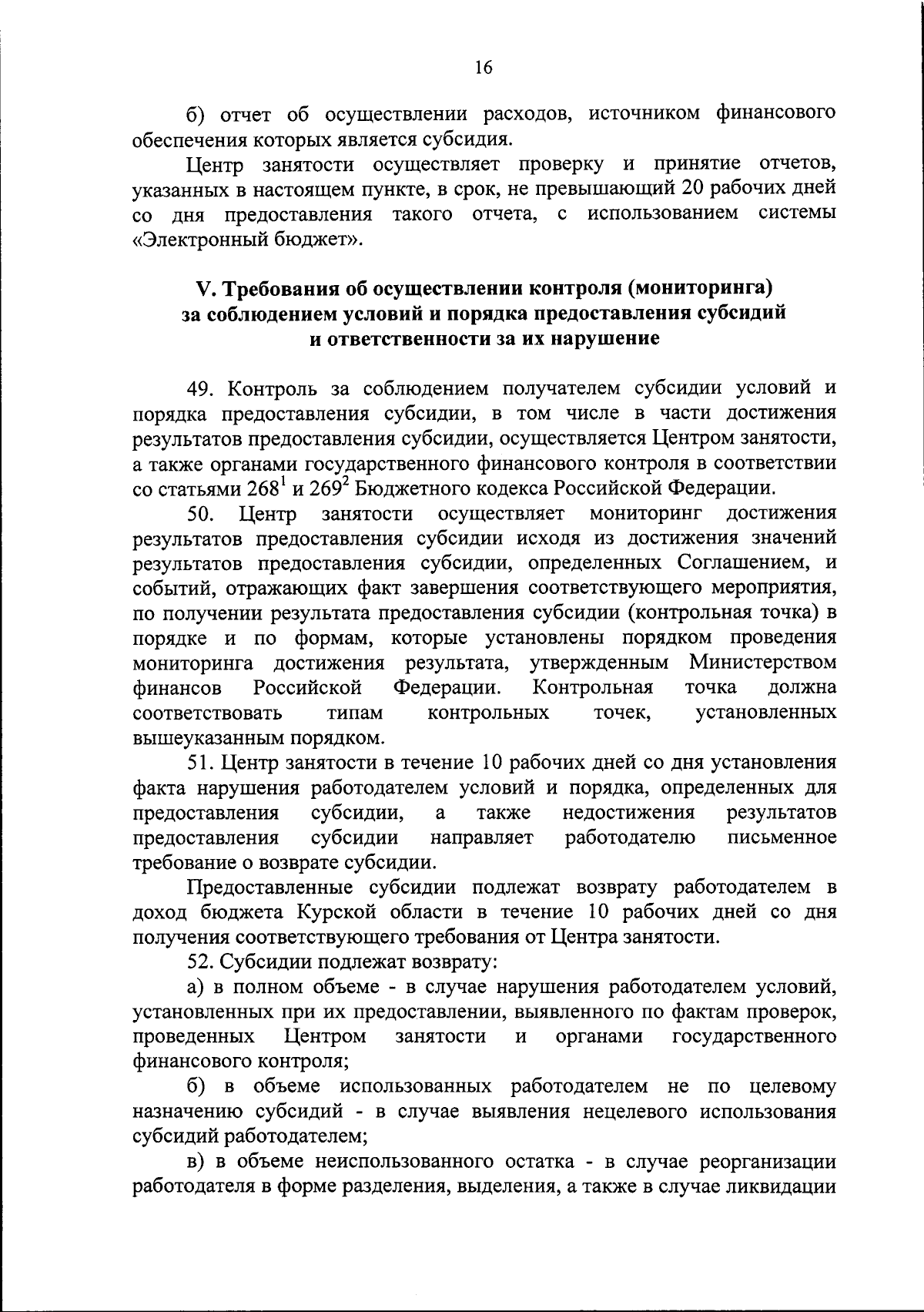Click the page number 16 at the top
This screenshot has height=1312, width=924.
[483, 67]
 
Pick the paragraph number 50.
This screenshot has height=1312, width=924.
[203, 513]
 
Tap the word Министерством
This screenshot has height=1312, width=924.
[762, 663]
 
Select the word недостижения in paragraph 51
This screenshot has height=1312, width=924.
[628, 813]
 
